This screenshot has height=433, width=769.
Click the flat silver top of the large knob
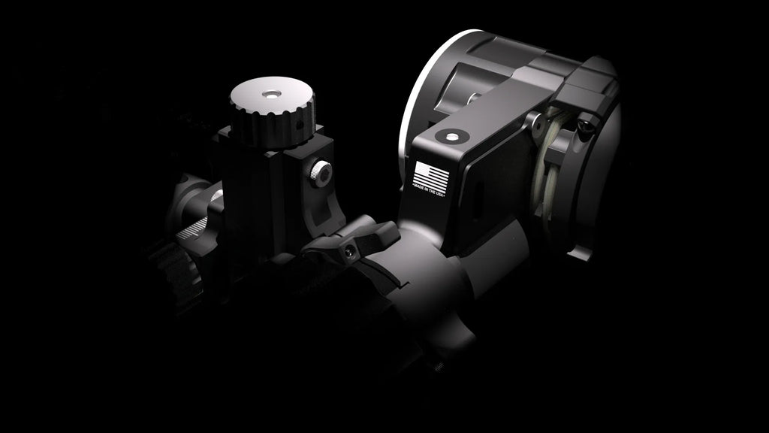(272, 95)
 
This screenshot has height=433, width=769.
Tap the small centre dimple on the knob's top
(271, 94)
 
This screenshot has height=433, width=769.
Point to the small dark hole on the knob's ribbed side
(300, 126)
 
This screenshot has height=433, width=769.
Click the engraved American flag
(430, 176)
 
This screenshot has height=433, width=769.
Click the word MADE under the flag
(420, 187)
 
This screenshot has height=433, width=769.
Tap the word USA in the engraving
(440, 194)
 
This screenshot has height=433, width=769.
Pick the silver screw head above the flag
(451, 137)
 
